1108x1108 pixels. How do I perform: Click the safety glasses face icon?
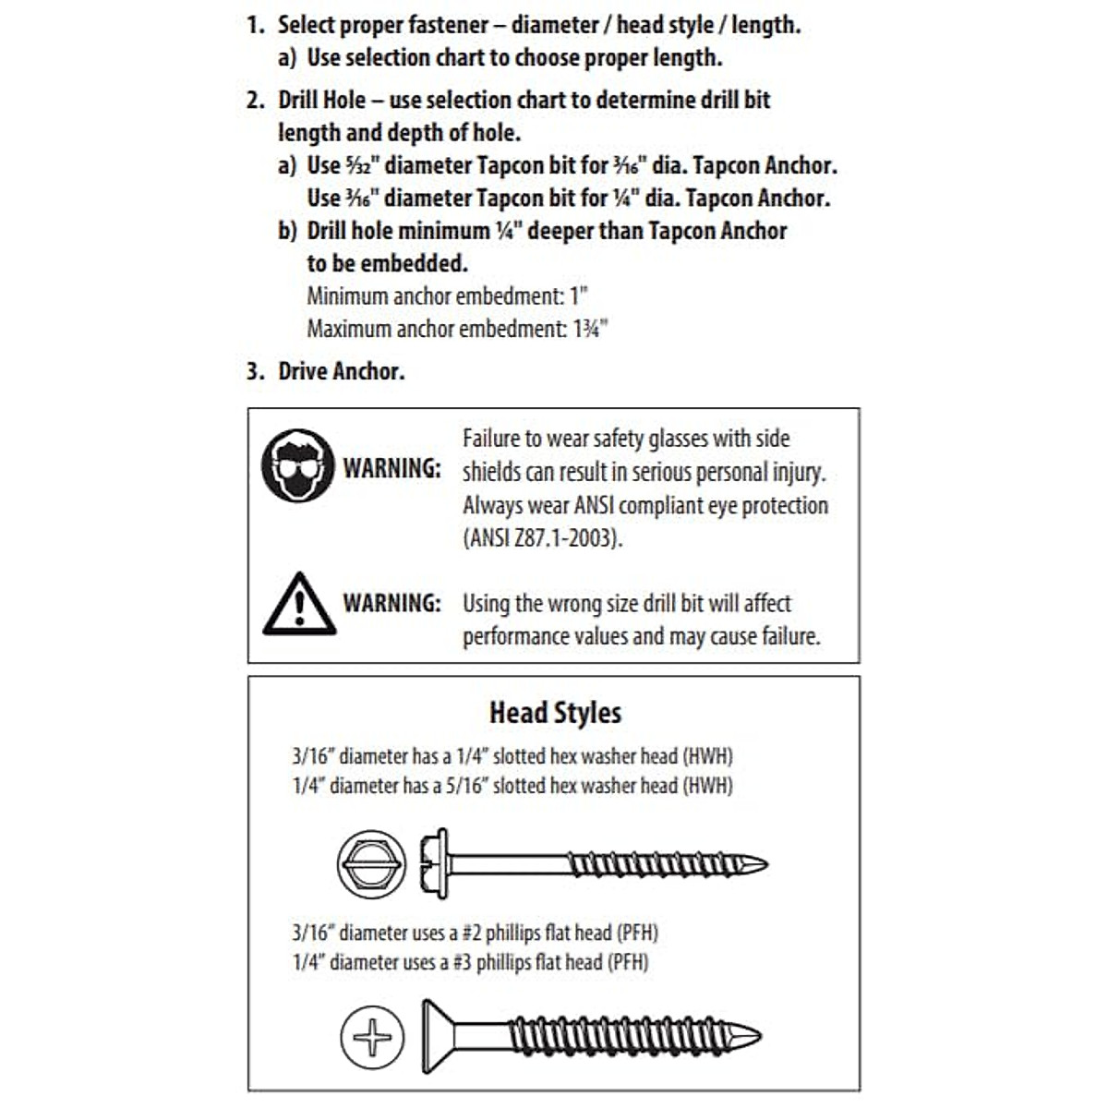[x=297, y=465]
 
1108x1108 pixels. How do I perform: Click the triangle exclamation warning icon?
[x=298, y=605]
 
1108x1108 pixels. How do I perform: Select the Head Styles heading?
[x=555, y=713]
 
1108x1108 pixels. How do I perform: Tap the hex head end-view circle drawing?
[x=371, y=865]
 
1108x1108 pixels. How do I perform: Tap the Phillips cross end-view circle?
[x=372, y=1035]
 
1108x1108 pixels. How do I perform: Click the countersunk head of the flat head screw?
[x=438, y=1035]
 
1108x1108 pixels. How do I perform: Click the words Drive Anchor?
[x=342, y=371]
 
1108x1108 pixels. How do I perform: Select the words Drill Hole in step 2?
[x=322, y=100]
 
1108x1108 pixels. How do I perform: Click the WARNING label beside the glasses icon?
[x=392, y=468]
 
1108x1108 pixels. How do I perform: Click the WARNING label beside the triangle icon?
[x=392, y=604]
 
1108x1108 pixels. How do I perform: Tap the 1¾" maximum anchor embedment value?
[x=590, y=329]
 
